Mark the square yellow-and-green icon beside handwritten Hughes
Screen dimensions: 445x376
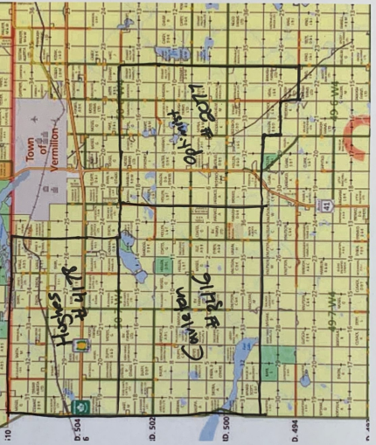point(80,344)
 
